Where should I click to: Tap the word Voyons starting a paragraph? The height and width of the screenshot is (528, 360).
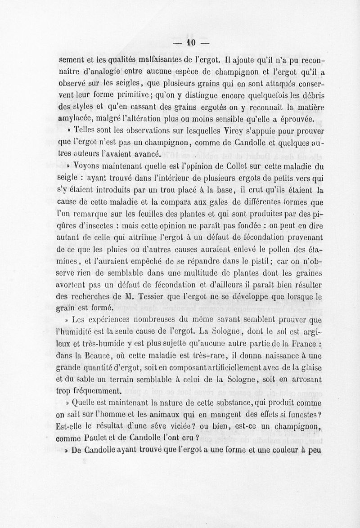89,165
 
